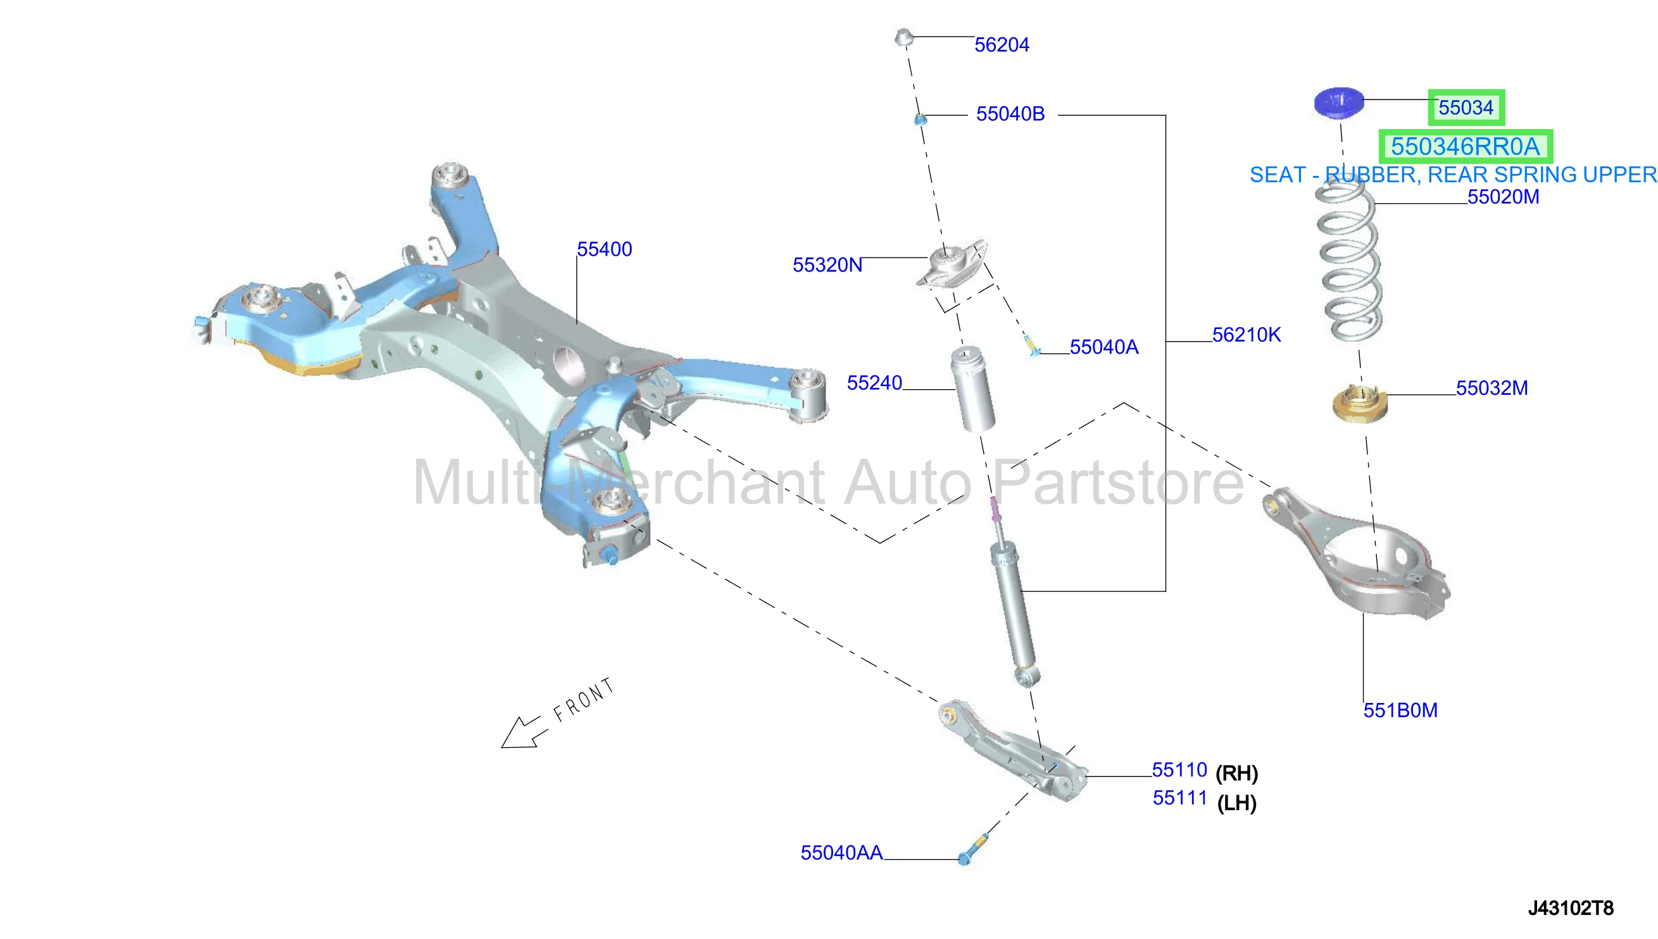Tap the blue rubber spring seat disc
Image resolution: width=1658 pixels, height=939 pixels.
click(1339, 102)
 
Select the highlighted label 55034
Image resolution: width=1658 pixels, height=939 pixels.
click(1466, 107)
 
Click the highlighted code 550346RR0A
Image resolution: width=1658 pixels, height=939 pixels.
click(1465, 146)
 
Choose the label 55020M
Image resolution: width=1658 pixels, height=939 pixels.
click(1503, 197)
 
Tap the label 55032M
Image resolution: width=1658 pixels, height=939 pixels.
click(1492, 388)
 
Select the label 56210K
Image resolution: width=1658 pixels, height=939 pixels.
click(1247, 335)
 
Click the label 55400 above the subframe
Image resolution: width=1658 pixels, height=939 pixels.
click(604, 249)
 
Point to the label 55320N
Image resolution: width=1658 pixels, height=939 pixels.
click(827, 264)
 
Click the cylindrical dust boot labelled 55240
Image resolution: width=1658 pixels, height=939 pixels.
click(972, 389)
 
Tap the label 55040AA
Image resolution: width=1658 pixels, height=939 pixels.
click(841, 852)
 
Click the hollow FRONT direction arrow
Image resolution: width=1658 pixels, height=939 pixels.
click(524, 733)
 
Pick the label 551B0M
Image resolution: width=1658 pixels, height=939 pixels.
click(1400, 710)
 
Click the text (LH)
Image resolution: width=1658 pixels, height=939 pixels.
click(1237, 803)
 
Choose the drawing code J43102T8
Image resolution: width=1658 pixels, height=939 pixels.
click(1570, 908)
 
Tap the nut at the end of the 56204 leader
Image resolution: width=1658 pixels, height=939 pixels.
click(904, 37)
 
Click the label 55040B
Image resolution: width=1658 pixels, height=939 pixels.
click(1010, 113)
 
